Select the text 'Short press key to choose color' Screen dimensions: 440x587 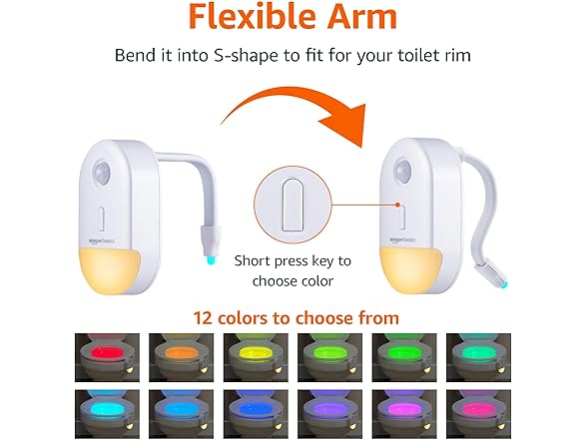[x=293, y=270]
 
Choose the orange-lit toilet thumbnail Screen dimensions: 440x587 [x=177, y=357]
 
